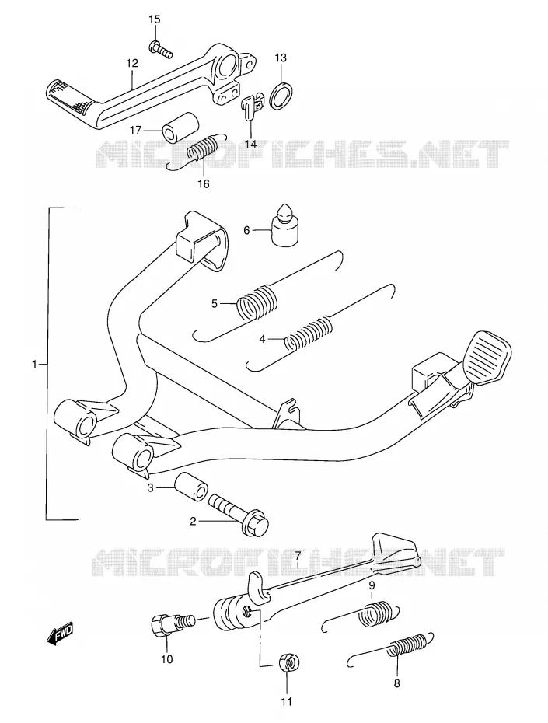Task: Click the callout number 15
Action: pyautogui.click(x=155, y=20)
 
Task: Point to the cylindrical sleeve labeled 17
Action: pyautogui.click(x=181, y=126)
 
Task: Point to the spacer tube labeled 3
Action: pyautogui.click(x=190, y=486)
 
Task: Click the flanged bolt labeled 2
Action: pyautogui.click(x=239, y=515)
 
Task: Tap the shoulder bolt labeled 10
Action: pyautogui.click(x=173, y=623)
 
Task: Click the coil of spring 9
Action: pyautogui.click(x=376, y=615)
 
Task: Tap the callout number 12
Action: pyautogui.click(x=132, y=63)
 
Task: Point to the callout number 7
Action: pyautogui.click(x=298, y=555)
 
